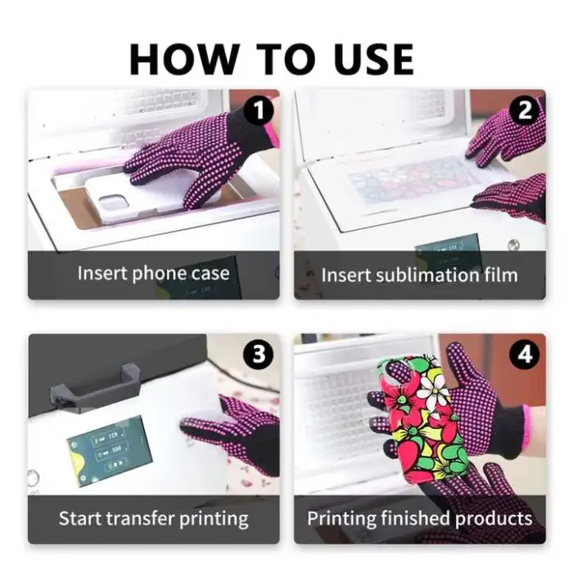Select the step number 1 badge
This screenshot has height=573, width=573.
(x=259, y=110)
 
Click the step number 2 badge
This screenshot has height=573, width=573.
(x=526, y=110)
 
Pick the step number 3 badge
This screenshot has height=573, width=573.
(x=259, y=354)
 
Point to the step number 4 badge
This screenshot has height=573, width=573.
(x=524, y=354)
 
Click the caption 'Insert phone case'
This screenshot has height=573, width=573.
(x=154, y=273)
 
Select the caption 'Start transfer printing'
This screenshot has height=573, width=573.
(x=154, y=518)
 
